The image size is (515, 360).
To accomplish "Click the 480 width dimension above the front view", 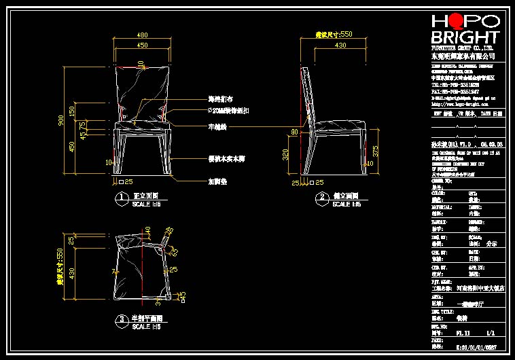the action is point(143,35).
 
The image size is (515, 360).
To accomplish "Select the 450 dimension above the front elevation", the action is point(143,45).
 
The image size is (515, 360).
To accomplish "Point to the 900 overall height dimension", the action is point(61,120).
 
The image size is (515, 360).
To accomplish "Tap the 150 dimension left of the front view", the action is point(72,111).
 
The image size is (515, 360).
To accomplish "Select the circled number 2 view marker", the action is point(321,198).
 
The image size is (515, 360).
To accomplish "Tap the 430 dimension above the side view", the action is point(332,45).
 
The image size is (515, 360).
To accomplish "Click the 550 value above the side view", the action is point(346,33).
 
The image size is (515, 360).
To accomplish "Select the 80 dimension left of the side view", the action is point(295,131).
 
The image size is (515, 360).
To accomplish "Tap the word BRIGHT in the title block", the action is point(465,37).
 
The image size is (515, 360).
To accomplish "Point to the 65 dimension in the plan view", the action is point(175,251).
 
